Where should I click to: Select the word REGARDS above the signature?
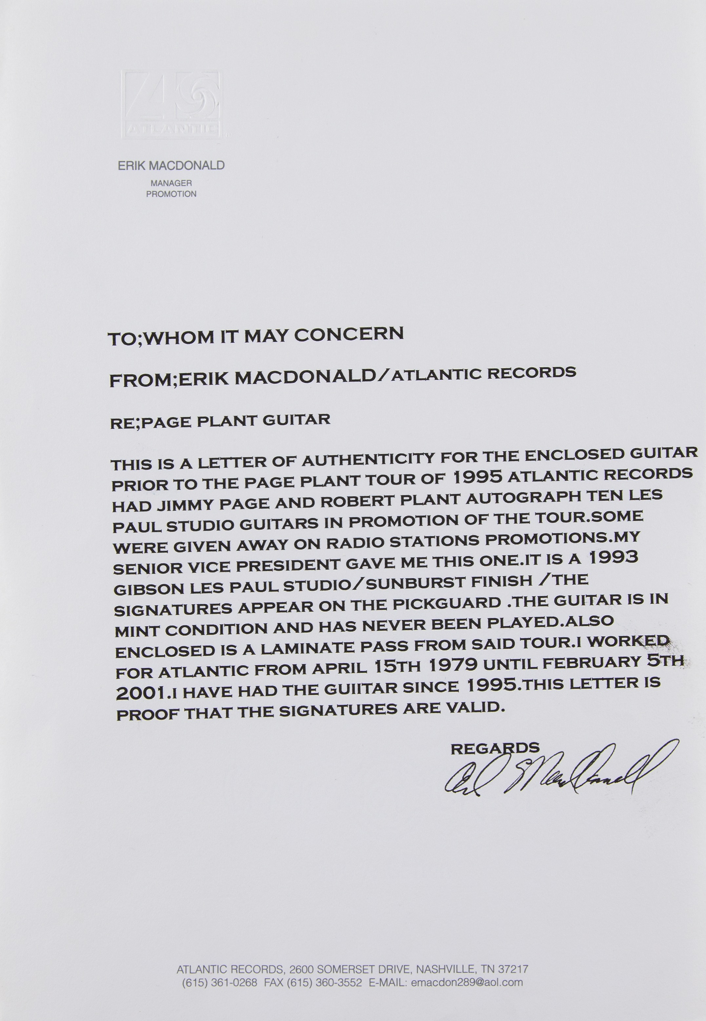(494, 748)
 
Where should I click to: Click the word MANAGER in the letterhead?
(171, 183)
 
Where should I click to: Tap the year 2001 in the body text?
(141, 693)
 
